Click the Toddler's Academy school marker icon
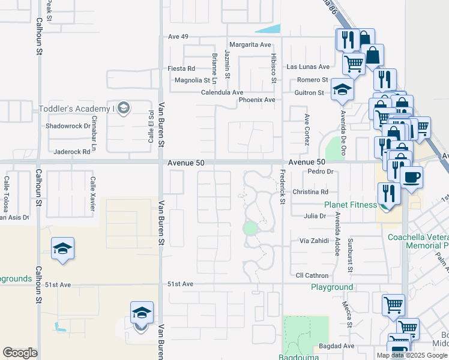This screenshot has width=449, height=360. click(x=124, y=108)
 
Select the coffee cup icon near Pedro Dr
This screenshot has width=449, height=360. click(x=412, y=178)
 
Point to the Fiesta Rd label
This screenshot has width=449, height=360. click(x=181, y=68)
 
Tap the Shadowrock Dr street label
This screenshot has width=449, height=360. click(x=68, y=127)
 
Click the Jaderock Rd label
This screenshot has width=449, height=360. click(x=71, y=152)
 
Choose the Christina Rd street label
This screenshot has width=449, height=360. click(x=310, y=192)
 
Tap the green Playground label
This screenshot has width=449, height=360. click(x=332, y=287)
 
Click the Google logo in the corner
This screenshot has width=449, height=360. click(x=20, y=353)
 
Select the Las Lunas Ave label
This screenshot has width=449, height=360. click(x=309, y=67)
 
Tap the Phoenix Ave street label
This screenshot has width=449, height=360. click(x=257, y=100)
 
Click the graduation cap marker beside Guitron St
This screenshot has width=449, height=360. click(x=342, y=90)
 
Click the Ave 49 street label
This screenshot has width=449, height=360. click(x=178, y=37)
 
